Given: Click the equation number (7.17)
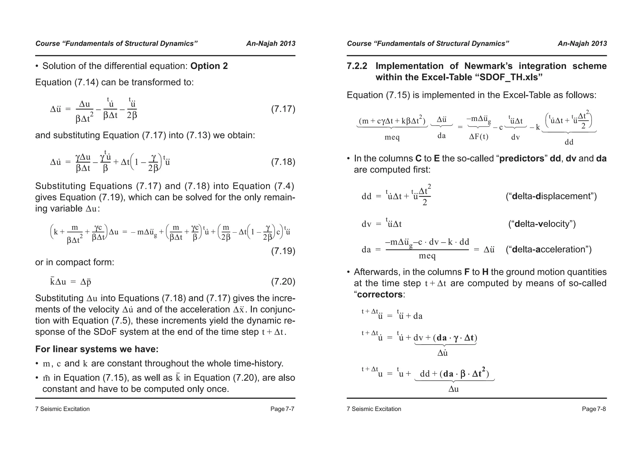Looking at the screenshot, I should (x=283, y=109).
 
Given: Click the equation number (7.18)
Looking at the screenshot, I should (x=283, y=162).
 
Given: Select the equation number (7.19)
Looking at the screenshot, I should (x=283, y=251).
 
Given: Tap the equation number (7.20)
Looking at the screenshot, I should (x=283, y=282).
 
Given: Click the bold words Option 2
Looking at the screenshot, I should (x=209, y=66).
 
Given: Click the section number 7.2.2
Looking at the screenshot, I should (x=357, y=66).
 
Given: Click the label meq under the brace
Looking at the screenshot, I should (x=392, y=137).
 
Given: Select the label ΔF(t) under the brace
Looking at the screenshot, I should (x=479, y=137).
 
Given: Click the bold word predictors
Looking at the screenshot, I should (x=522, y=159).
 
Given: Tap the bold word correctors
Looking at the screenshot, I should (x=380, y=295).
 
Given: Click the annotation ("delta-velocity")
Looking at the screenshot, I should (x=542, y=224).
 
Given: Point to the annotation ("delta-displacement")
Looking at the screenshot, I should (x=551, y=196).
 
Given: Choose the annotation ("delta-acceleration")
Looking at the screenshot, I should (x=549, y=250).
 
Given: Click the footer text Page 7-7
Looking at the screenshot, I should (x=282, y=409).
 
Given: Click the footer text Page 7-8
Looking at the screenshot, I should (x=594, y=409).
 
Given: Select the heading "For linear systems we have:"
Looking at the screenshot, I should (x=97, y=349).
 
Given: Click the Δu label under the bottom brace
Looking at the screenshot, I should (x=454, y=389).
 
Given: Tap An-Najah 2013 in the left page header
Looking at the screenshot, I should (x=271, y=44).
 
